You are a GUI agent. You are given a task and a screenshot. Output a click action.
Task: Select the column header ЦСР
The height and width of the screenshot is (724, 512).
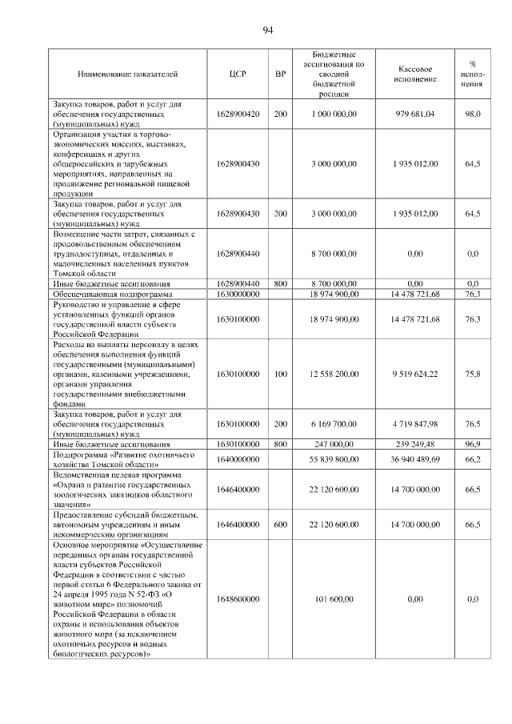(238, 74)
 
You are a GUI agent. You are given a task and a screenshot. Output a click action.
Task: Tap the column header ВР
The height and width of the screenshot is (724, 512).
(280, 74)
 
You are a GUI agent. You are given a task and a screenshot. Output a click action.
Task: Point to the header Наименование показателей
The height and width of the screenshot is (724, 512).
(127, 74)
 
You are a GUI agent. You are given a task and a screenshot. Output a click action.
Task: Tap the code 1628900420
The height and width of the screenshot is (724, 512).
(238, 114)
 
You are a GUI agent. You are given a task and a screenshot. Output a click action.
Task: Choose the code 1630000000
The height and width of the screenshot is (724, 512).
(238, 294)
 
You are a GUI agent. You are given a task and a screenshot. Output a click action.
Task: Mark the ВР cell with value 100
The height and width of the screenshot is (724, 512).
(280, 373)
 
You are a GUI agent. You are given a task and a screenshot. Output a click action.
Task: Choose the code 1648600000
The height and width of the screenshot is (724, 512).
(238, 598)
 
